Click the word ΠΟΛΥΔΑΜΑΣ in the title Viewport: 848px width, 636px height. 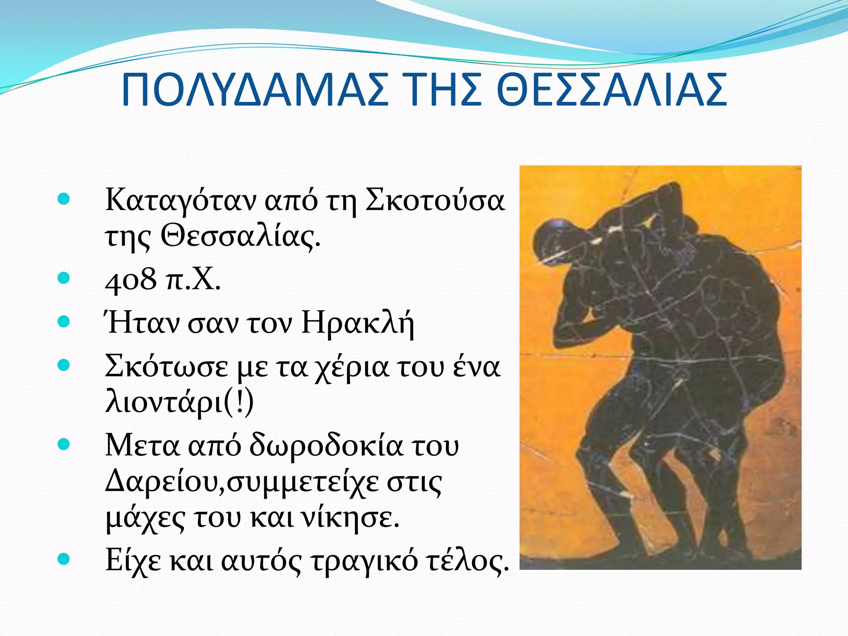pos(255,90)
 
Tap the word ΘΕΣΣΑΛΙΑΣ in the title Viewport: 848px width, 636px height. pos(611,90)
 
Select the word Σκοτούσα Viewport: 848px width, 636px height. pos(435,200)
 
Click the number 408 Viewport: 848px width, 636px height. pos(131,280)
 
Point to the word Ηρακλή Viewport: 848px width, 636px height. pos(357,323)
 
